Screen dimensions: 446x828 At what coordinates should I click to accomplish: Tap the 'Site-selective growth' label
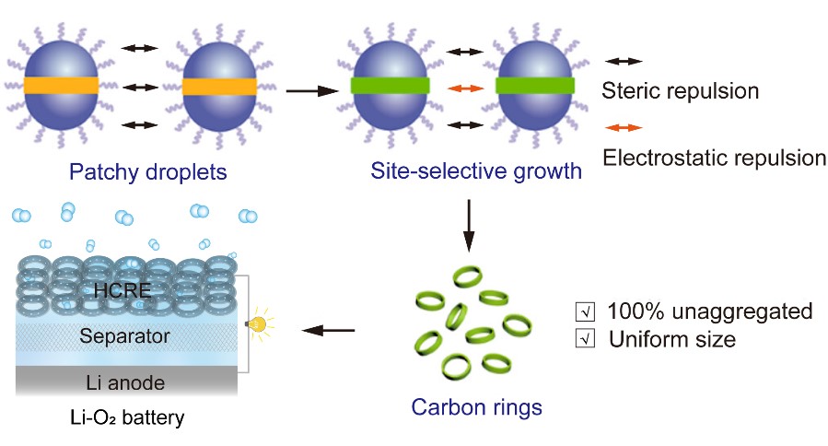[476, 171]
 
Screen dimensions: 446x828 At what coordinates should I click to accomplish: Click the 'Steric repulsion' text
[680, 91]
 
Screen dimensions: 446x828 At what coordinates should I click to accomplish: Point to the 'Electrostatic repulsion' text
[714, 157]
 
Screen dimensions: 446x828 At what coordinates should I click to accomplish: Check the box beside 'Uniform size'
[582, 339]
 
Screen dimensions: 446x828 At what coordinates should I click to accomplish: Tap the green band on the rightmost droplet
[535, 87]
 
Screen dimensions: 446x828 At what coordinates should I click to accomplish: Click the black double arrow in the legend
[624, 61]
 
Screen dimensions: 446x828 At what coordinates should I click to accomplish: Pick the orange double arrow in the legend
[624, 127]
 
